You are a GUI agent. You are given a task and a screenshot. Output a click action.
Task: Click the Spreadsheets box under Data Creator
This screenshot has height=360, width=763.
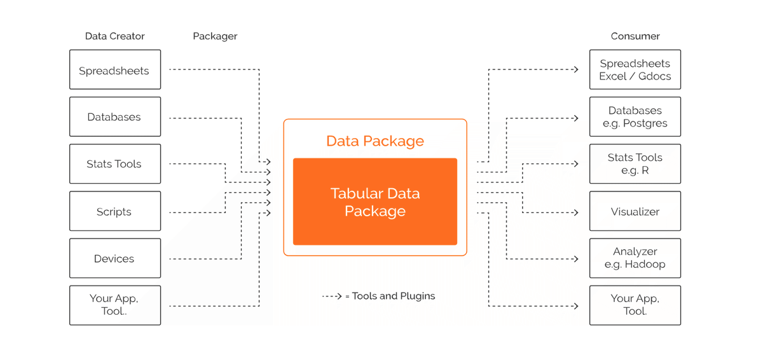[114, 70]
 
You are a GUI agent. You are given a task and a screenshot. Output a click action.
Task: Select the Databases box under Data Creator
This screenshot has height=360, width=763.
[114, 117]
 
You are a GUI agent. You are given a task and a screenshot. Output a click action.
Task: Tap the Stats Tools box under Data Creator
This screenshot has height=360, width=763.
[114, 164]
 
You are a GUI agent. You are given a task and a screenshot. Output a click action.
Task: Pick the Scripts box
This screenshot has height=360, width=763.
[114, 211]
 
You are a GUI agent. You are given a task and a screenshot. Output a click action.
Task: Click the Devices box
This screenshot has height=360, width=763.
[114, 258]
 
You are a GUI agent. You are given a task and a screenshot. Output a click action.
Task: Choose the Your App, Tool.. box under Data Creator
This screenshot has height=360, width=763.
[114, 305]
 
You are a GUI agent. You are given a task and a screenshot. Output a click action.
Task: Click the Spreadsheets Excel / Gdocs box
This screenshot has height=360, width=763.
[635, 70]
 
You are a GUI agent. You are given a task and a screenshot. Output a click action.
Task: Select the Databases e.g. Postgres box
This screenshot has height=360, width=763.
[635, 117]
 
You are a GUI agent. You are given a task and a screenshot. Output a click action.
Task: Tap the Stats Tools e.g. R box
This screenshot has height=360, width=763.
[635, 164]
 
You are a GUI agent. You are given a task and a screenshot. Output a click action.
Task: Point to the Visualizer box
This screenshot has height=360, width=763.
[635, 211]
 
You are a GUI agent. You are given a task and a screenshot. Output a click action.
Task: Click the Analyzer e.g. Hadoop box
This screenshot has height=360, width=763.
[635, 258]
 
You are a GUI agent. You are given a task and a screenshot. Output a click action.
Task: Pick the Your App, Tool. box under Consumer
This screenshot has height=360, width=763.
[635, 305]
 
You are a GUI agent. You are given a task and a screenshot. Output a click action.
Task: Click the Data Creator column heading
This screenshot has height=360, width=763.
[115, 36]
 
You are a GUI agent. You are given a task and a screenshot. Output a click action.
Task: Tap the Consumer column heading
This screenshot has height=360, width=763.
[635, 36]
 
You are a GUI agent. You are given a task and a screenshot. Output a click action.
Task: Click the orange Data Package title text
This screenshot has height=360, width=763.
[375, 141]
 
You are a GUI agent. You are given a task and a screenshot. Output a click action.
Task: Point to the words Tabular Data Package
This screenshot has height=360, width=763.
[375, 202]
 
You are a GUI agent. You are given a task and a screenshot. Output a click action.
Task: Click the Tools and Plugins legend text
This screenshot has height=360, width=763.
[394, 296]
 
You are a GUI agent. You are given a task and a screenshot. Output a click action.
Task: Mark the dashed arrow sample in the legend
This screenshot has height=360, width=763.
[332, 296]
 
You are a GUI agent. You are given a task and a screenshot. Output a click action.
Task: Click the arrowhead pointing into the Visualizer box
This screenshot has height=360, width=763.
[575, 212]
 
